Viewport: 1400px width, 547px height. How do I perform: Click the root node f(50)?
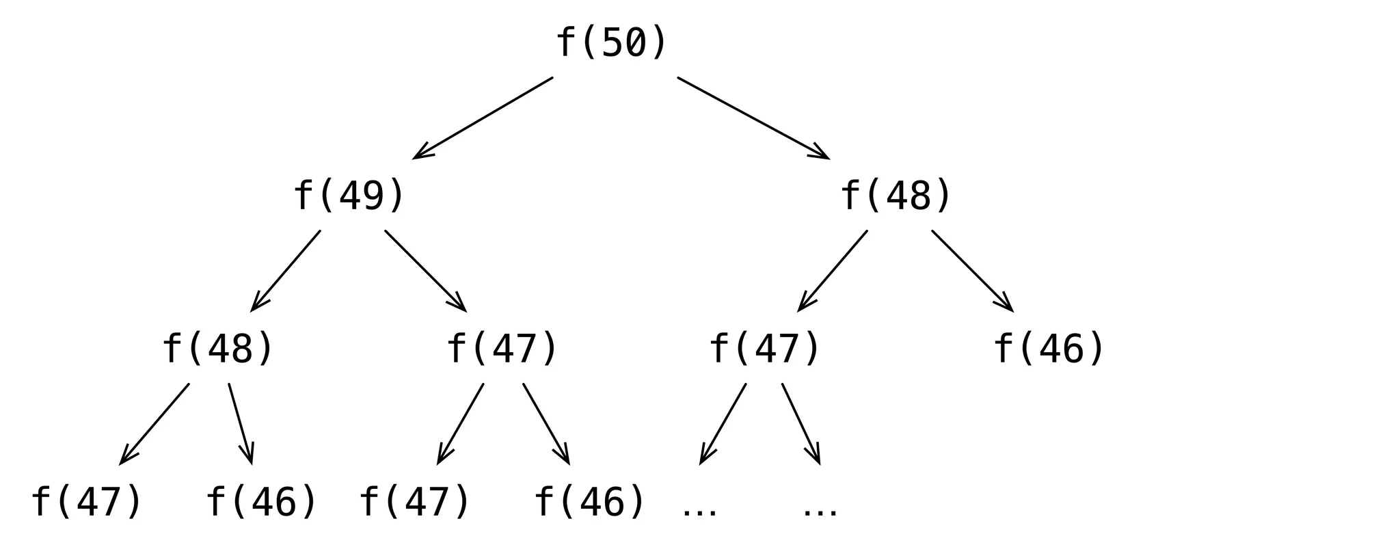(611, 42)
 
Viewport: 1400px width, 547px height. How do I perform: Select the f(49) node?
(349, 196)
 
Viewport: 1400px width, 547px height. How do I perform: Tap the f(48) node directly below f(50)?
(896, 196)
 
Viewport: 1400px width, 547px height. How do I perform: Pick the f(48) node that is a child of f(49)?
(218, 349)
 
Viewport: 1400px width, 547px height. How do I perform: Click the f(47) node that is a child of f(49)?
(502, 349)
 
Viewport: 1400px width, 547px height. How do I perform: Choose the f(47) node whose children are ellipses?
(765, 349)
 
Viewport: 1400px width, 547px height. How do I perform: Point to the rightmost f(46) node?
(1049, 349)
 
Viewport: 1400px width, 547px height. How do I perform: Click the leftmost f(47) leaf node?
(87, 501)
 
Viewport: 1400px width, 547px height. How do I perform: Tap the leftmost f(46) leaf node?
(262, 501)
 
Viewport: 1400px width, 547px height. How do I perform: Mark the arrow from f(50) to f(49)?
(483, 118)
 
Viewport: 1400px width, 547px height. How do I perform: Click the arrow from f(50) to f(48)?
(753, 118)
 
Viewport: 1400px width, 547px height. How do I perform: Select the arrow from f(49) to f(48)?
(286, 271)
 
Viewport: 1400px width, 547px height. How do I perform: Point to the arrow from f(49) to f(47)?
(425, 271)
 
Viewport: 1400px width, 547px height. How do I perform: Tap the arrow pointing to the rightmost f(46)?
(972, 271)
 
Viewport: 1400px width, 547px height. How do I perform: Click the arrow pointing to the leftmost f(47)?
(154, 424)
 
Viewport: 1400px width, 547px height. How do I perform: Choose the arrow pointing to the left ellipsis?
(723, 424)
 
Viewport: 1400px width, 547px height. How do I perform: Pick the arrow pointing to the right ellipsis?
(800, 424)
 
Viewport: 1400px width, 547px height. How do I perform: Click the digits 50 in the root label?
(624, 42)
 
